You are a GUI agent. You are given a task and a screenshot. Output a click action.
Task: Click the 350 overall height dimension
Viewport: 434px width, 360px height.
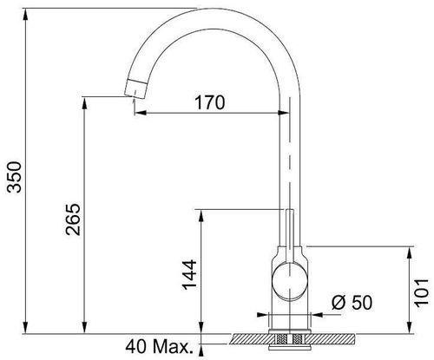coord(15,177)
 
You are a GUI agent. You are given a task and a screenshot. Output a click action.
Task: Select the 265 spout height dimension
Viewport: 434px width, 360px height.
coord(73,219)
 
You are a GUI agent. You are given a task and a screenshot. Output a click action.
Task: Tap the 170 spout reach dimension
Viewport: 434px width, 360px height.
coord(210,102)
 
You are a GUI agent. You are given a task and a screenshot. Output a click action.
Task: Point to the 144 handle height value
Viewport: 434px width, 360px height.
coord(189,275)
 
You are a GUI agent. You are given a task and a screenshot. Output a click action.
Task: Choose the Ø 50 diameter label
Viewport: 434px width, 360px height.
coord(352,303)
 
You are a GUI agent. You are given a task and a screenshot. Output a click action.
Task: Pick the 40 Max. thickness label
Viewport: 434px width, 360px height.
coord(159,346)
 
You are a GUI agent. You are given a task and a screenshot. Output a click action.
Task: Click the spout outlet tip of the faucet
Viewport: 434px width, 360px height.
coord(135,88)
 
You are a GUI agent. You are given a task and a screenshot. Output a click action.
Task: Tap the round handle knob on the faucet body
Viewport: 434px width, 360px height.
coord(289,280)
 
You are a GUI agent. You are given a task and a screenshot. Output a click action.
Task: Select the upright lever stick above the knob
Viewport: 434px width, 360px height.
coord(290,236)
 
